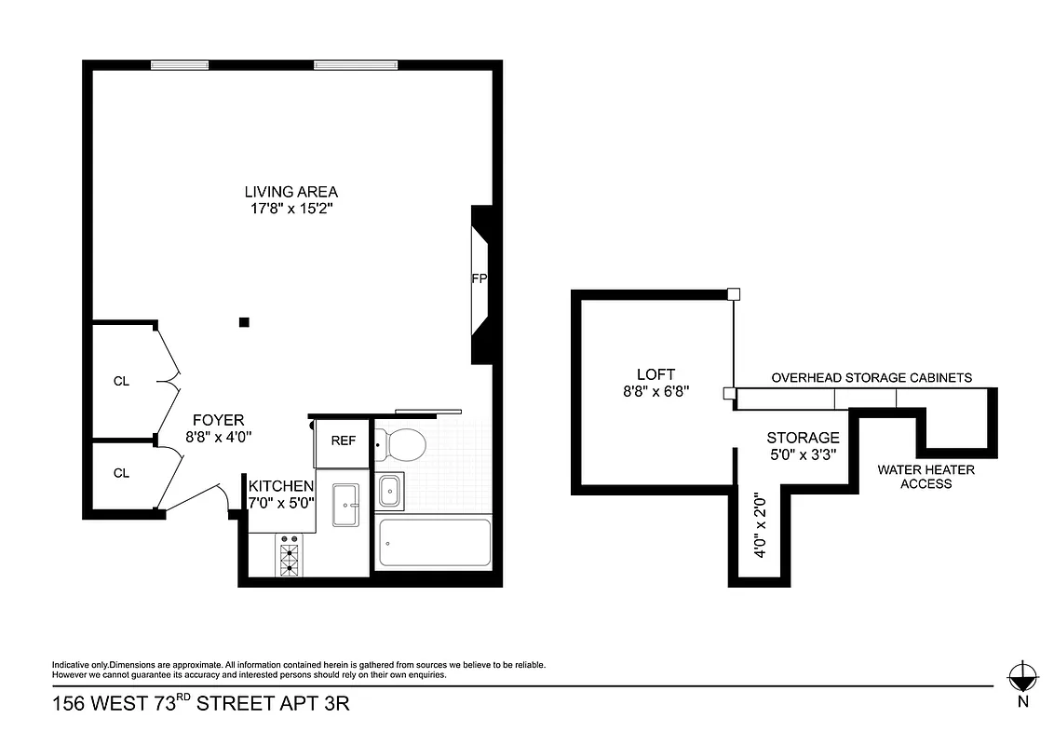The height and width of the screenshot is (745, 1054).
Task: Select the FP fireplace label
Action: click(480, 278)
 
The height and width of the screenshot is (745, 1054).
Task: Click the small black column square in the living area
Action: click(244, 322)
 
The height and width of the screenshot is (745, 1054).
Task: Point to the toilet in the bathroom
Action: click(403, 445)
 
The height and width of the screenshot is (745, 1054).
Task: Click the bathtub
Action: click(434, 544)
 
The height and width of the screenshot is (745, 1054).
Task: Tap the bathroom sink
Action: click(391, 489)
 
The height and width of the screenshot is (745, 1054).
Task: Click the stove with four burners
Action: click(289, 556)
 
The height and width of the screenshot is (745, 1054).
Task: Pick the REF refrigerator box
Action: click(343, 440)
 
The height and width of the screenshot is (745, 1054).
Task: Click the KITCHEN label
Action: click(280, 485)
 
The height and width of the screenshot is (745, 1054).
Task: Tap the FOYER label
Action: click(218, 420)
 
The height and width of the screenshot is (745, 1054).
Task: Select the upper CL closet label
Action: click(121, 380)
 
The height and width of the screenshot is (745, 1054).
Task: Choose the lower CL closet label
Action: click(121, 473)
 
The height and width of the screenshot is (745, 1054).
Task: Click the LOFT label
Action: click(655, 373)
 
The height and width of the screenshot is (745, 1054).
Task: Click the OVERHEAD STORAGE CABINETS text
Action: click(872, 377)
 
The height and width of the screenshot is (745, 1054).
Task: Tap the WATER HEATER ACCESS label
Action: click(926, 477)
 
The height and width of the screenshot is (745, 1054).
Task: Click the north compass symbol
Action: click(1021, 677)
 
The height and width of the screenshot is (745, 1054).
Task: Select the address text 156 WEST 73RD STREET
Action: click(200, 704)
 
